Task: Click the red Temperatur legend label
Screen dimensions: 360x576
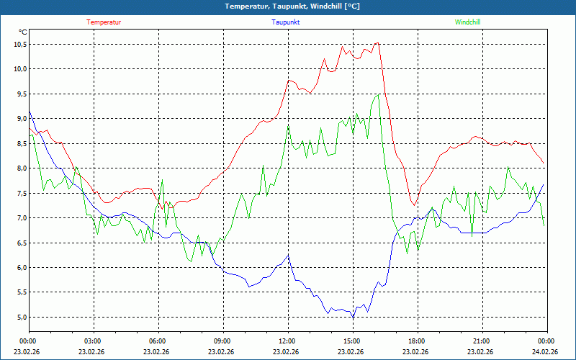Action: (104, 22)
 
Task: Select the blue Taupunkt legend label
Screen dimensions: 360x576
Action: (286, 22)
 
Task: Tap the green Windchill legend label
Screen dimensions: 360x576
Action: (468, 22)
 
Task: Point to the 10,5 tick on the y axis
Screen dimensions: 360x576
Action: (19, 44)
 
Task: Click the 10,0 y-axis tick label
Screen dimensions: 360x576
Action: (19, 69)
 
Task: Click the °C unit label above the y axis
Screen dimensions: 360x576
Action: (23, 32)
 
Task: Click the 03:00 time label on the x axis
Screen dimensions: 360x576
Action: (93, 341)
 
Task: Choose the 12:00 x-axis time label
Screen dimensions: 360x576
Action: (287, 341)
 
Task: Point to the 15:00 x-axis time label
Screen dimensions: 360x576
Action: (352, 341)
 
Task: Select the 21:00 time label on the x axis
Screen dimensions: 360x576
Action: (482, 341)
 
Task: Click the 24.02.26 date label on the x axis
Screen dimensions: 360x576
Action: (546, 352)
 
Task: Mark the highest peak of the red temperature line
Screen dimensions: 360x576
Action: (377, 43)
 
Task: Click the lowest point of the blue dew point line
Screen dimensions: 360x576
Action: (353, 317)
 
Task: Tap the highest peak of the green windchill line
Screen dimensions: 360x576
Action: (378, 95)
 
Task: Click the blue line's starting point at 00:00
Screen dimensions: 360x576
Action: (29, 112)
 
